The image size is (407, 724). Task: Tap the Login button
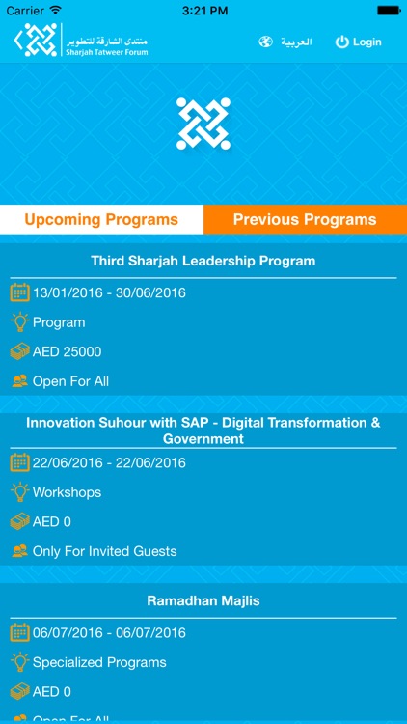click(x=358, y=42)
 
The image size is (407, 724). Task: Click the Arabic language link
click(x=296, y=42)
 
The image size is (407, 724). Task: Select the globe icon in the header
click(x=266, y=42)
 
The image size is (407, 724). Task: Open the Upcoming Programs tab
click(x=101, y=219)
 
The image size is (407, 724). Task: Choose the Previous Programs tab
click(x=305, y=219)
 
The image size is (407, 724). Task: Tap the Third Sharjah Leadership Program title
click(x=203, y=261)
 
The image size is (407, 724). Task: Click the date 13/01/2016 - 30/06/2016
click(x=109, y=292)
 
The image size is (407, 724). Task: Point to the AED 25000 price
click(x=67, y=351)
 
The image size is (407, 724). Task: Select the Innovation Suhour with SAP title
click(x=203, y=431)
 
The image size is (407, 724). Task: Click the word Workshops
click(x=67, y=492)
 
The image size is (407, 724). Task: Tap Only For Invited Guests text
click(x=104, y=551)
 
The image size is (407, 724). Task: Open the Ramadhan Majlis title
click(x=203, y=600)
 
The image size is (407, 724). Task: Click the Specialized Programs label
click(x=99, y=662)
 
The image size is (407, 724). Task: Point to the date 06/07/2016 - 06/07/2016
click(x=109, y=632)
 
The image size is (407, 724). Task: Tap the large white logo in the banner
click(x=203, y=124)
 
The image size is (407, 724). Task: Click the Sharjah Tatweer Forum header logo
click(x=81, y=42)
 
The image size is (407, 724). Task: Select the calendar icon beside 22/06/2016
click(x=19, y=462)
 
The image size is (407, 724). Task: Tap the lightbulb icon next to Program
click(x=19, y=322)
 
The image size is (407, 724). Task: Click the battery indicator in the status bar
click(x=388, y=10)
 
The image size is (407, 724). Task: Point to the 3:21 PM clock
click(x=203, y=10)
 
